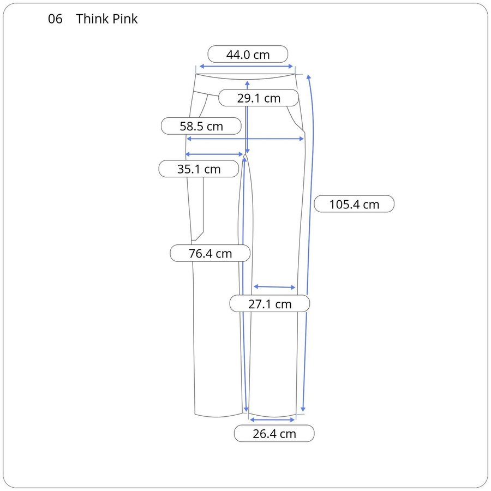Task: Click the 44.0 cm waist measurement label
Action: tap(248, 55)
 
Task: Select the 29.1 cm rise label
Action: tap(259, 98)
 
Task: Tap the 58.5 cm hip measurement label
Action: tap(201, 126)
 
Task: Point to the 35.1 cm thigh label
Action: tap(199, 169)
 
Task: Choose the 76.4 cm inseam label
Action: tap(210, 253)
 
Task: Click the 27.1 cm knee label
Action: tap(270, 304)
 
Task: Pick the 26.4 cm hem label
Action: tap(274, 434)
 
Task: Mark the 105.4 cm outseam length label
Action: tap(354, 204)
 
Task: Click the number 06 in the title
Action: tap(55, 19)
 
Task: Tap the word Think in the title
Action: tap(92, 19)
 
